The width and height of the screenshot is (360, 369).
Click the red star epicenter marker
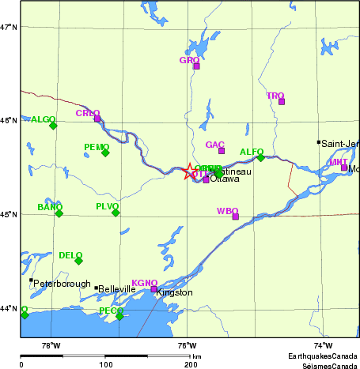point(191,171)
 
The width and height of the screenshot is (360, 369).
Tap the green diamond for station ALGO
point(53,125)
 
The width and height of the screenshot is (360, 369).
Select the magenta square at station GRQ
point(196,66)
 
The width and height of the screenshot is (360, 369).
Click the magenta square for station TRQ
point(282,101)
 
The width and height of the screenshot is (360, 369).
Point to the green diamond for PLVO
point(116,213)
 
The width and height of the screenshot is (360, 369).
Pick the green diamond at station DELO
point(78,261)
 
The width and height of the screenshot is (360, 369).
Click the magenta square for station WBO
point(235,217)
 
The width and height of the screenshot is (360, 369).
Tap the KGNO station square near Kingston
point(154,289)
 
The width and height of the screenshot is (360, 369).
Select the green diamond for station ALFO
point(260,157)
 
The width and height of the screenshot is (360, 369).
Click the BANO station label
point(50,207)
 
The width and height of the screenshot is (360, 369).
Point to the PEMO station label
point(97,147)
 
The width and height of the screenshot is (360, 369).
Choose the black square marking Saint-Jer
point(319,142)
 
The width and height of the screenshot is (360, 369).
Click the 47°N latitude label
point(9,28)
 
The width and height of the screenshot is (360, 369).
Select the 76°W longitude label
point(187,345)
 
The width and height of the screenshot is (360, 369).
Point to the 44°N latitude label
point(9,308)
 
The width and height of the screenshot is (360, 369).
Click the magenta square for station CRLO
point(97,119)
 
